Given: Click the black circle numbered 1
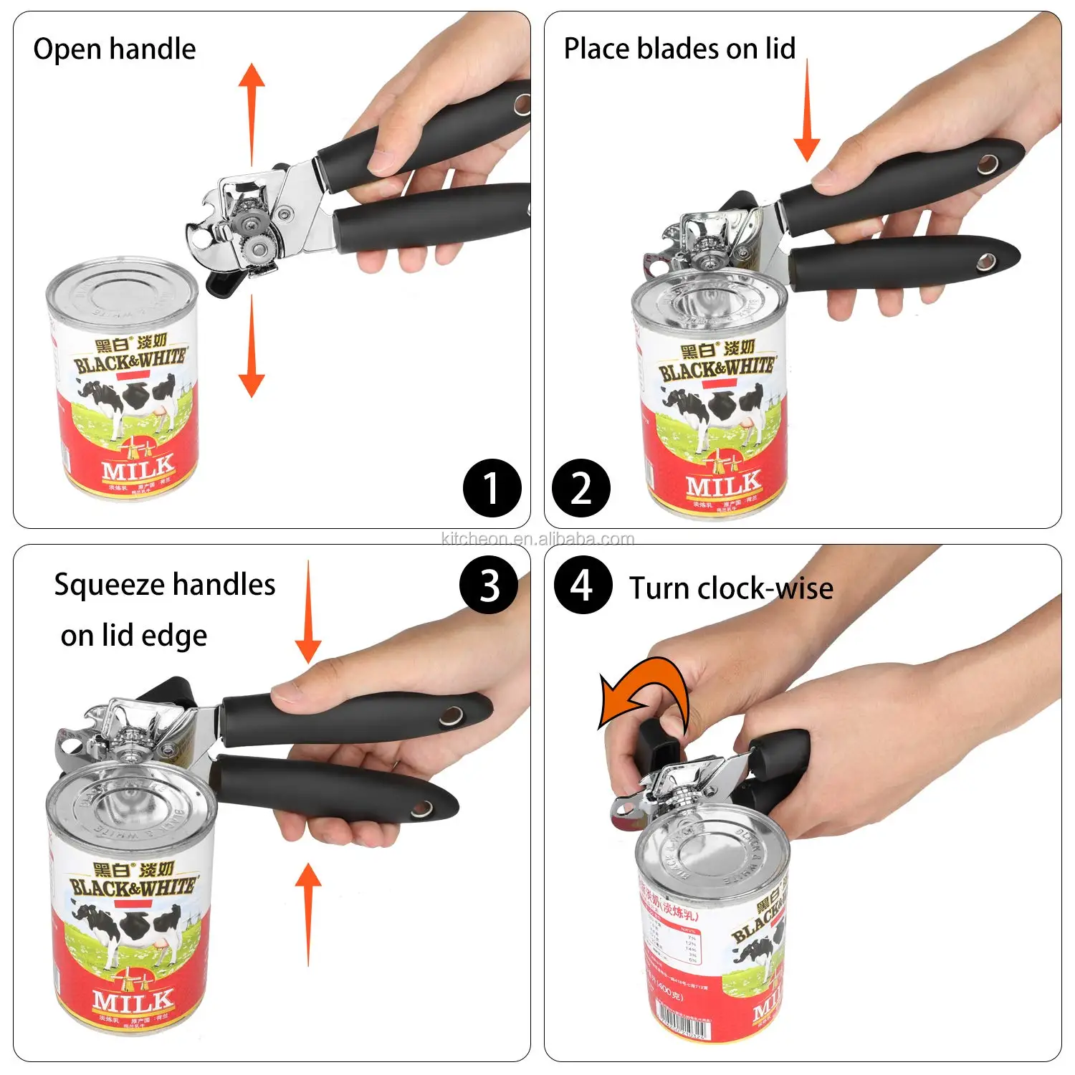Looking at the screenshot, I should click(492, 488).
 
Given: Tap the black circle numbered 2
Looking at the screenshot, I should click(581, 488).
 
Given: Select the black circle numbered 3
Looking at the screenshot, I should click(489, 585).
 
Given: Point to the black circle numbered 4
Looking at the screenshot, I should click(583, 585).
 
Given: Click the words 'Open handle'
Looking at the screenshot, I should click(115, 49).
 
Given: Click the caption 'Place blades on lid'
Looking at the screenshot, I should click(679, 49).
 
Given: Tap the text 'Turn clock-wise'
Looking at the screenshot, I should click(731, 588).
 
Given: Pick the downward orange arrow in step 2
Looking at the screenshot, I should click(807, 111).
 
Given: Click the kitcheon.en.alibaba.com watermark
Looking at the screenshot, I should click(537, 539).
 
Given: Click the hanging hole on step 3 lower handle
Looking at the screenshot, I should click(421, 810).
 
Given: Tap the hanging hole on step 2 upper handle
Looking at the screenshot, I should click(988, 164).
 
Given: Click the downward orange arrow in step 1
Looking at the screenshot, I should click(252, 348).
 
